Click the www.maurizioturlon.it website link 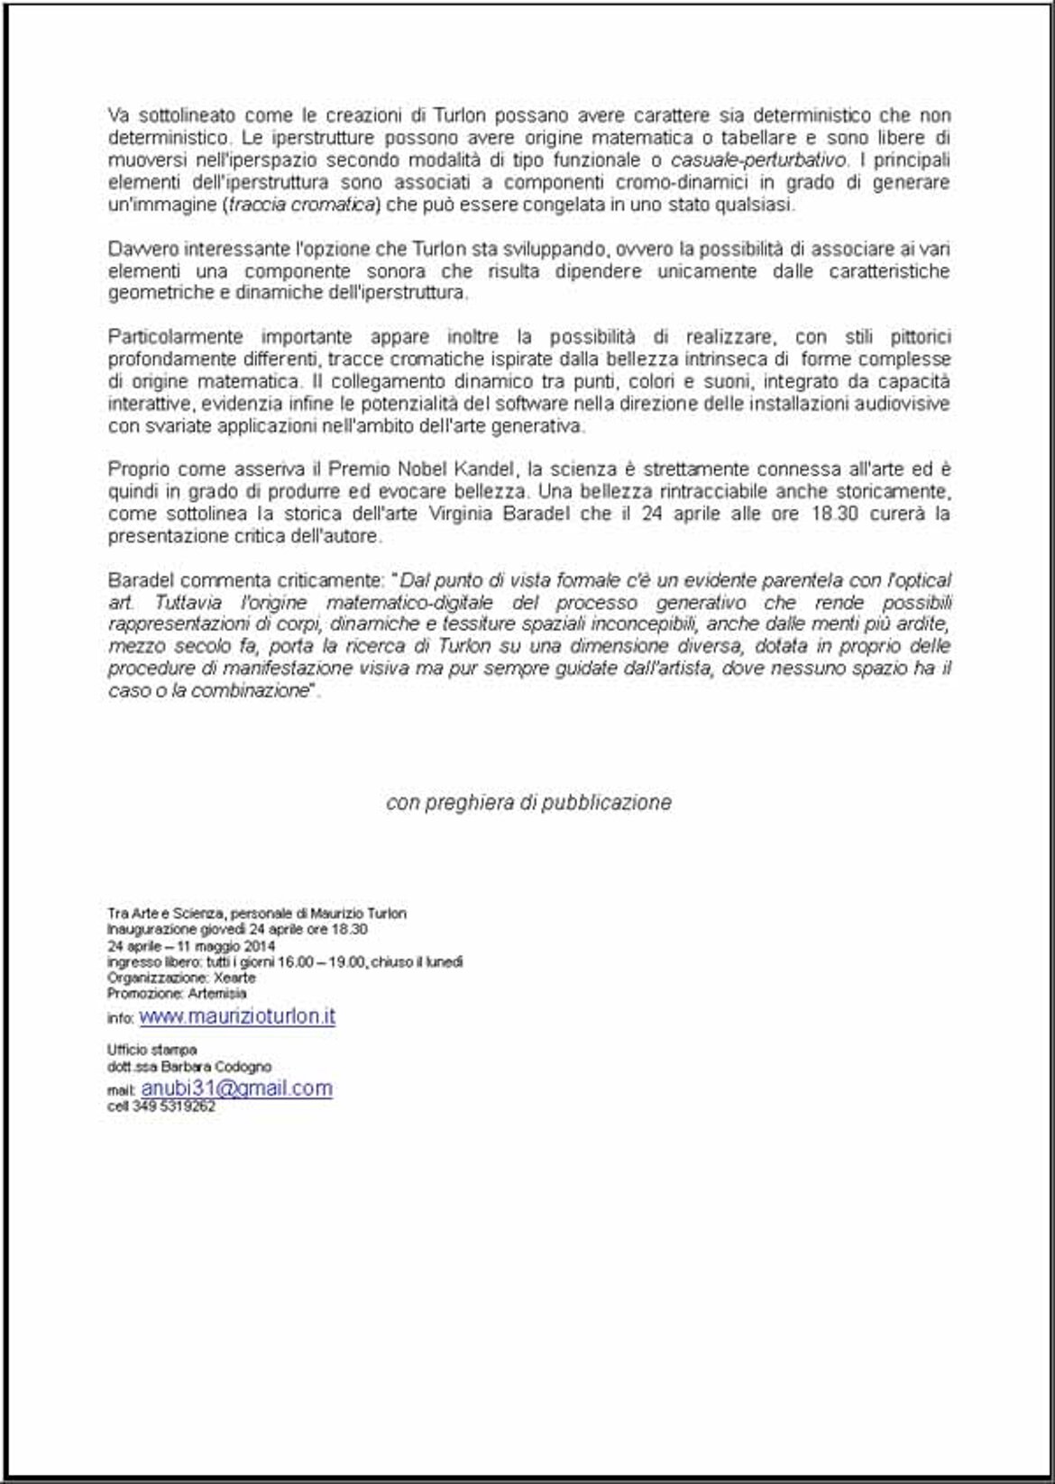pyautogui.click(x=237, y=1016)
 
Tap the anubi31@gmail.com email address pyautogui.click(x=237, y=1088)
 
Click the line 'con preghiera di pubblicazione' pyautogui.click(x=528, y=802)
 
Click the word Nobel pyautogui.click(x=424, y=469)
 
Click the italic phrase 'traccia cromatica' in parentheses pyautogui.click(x=302, y=205)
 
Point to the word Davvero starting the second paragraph pyautogui.click(x=138, y=249)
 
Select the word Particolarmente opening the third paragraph pyautogui.click(x=175, y=337)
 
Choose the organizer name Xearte pyautogui.click(x=235, y=978)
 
